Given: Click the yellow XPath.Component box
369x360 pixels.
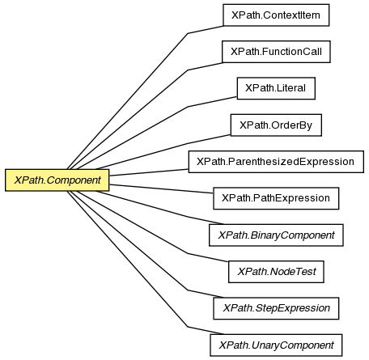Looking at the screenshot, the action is [x=57, y=180].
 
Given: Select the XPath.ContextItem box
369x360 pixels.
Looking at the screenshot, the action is [x=276, y=15].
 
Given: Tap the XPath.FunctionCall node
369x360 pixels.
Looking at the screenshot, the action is [x=276, y=52].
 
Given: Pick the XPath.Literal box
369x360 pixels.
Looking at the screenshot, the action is [x=276, y=88].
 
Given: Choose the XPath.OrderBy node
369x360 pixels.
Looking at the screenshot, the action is [x=276, y=125].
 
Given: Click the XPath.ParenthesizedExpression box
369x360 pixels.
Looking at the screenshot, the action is [x=276, y=162].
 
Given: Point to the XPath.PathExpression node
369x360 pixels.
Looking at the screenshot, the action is [x=276, y=198].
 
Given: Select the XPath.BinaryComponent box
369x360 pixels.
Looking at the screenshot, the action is [x=276, y=235].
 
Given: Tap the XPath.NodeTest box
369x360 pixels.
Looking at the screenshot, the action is [x=276, y=272].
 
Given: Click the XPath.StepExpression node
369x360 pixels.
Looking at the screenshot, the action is [x=276, y=308].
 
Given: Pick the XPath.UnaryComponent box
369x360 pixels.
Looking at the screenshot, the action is [x=276, y=345].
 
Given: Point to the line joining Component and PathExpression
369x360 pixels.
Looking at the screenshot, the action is [x=161, y=188].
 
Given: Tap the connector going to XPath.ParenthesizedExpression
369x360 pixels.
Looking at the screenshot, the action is [x=149, y=172].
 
